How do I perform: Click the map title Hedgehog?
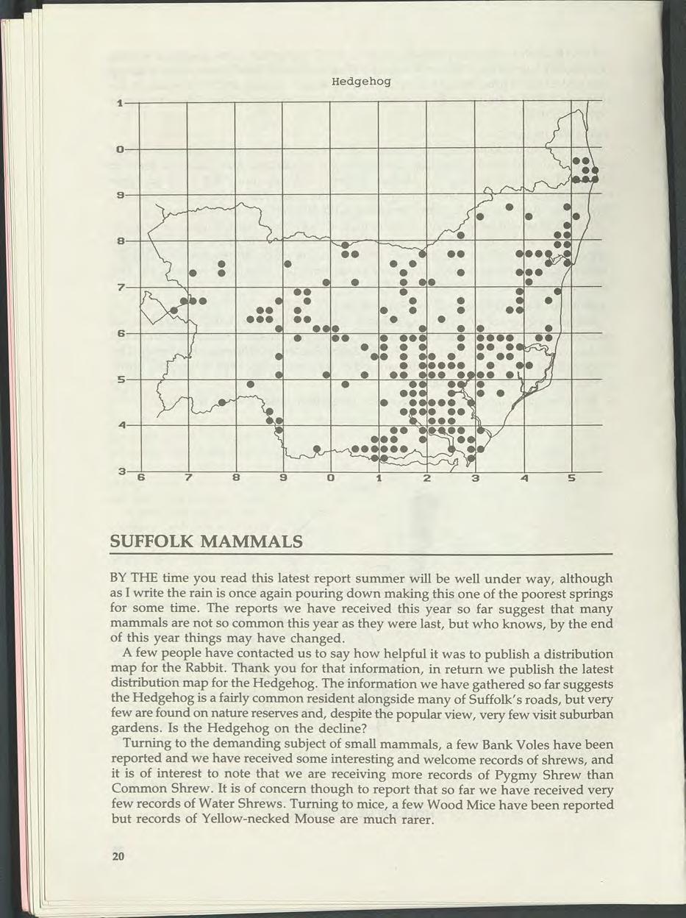[356, 82]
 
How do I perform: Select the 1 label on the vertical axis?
[118, 102]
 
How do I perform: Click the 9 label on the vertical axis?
[118, 195]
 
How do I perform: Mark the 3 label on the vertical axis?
[119, 471]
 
